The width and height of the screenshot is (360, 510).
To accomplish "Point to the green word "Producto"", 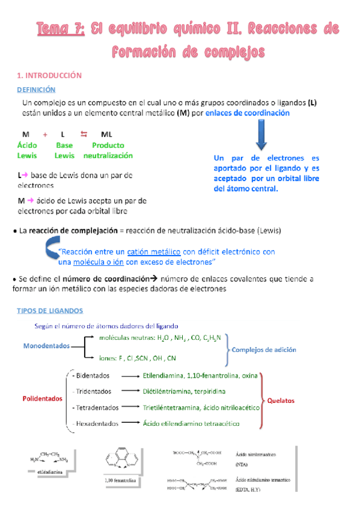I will (x=108, y=145).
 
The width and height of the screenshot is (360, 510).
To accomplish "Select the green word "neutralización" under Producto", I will (x=108, y=155).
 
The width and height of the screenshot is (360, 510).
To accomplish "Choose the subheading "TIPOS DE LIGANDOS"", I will (x=50, y=310).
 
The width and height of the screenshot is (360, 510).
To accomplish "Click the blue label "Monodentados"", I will (x=46, y=346).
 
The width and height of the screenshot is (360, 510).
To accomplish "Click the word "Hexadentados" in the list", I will (x=97, y=424).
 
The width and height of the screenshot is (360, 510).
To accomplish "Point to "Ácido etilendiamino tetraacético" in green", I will (x=191, y=424).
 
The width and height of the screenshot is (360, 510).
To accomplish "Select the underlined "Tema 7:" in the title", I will (x=59, y=28).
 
